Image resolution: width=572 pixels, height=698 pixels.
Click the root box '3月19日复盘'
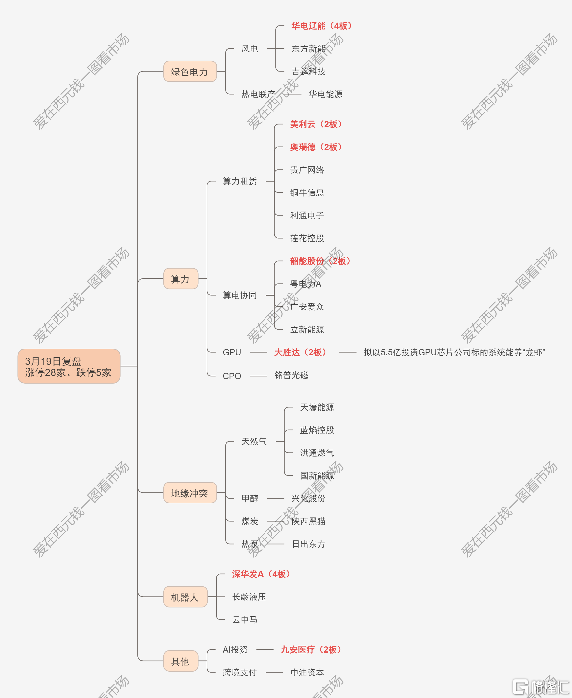(69, 366)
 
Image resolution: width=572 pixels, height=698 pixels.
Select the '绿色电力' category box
(190, 72)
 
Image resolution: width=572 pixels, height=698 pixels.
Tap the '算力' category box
(181, 279)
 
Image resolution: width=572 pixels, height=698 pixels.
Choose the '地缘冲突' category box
(190, 493)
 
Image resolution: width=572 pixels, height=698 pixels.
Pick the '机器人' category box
(186, 597)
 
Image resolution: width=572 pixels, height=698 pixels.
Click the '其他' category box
(181, 661)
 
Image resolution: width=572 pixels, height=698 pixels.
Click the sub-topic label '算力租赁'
(240, 181)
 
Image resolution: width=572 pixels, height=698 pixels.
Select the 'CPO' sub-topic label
(232, 376)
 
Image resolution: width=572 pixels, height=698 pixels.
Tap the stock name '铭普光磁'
(292, 375)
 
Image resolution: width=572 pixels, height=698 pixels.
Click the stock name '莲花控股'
(307, 238)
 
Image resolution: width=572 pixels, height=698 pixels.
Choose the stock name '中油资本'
(307, 672)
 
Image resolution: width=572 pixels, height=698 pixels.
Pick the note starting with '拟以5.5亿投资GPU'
(454, 352)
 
